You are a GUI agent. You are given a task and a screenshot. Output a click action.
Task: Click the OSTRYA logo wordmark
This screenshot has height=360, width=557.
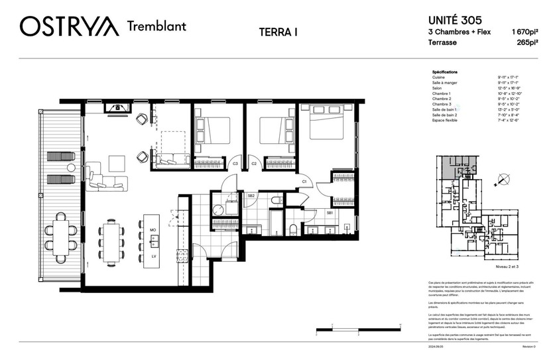[x=69, y=27]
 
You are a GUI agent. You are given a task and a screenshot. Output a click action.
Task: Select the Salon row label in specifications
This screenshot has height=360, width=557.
[x=437, y=88]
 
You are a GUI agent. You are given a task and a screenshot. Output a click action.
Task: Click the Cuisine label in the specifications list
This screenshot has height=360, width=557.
[x=438, y=77]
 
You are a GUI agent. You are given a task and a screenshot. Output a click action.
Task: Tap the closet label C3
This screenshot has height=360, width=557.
[x=235, y=164]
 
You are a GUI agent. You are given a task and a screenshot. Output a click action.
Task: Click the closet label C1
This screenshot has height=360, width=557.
[x=304, y=180]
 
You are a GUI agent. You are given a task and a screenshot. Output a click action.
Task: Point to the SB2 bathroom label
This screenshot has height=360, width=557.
[x=251, y=196]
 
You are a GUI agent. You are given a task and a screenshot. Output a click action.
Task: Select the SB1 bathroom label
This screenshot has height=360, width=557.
[x=330, y=213]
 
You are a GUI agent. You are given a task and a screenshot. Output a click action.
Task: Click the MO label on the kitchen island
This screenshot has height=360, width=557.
[x=153, y=229]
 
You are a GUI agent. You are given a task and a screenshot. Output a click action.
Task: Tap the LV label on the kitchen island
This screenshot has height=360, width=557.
[x=153, y=255]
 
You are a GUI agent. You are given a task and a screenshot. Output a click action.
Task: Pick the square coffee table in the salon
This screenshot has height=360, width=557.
[x=117, y=163]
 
